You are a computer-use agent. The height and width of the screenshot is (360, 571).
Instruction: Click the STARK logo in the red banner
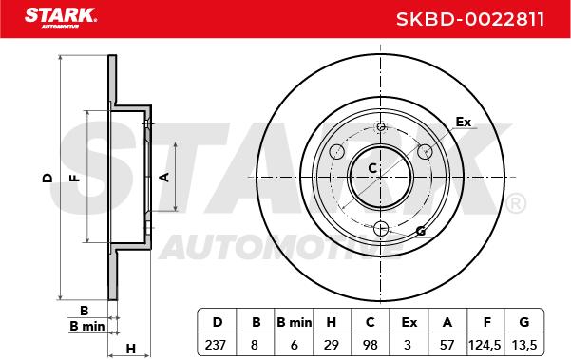[60, 18]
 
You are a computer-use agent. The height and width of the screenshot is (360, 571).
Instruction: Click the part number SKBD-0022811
[470, 19]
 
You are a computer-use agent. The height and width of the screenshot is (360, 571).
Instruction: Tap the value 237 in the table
[216, 345]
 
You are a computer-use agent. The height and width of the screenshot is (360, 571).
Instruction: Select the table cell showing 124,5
[485, 345]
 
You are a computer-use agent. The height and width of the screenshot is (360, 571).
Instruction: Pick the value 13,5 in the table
[524, 345]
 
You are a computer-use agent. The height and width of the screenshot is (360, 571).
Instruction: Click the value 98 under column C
[371, 345]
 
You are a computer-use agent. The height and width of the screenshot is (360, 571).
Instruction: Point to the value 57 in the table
[447, 345]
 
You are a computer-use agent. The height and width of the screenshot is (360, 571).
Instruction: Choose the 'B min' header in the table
[295, 322]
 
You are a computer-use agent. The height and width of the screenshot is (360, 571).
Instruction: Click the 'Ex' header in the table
[409, 322]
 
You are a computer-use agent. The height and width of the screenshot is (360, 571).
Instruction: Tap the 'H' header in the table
[331, 322]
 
